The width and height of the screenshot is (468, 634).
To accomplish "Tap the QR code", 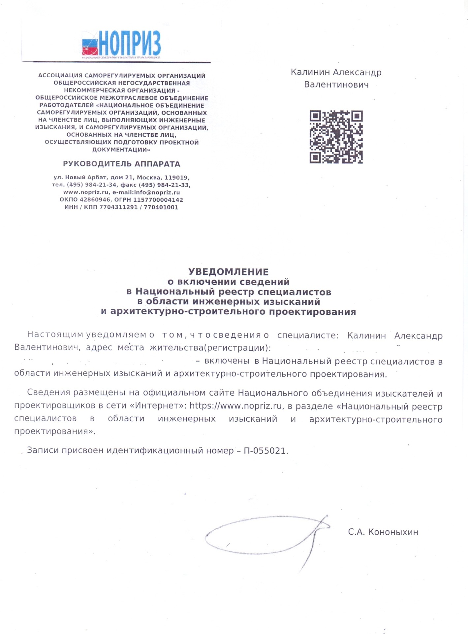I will [x=336, y=137].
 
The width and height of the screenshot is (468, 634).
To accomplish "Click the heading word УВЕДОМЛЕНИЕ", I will [x=228, y=272].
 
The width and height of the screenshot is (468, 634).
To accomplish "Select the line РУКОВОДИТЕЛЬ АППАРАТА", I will [x=122, y=164].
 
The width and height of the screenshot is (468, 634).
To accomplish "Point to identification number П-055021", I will [x=265, y=451].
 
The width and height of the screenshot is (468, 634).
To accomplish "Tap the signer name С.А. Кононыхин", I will [x=383, y=532].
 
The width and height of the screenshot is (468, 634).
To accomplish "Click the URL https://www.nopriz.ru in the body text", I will [x=235, y=406].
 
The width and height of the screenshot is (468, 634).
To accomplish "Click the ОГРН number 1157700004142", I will [x=158, y=200].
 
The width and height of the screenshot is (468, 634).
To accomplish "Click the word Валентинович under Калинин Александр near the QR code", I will [x=336, y=85].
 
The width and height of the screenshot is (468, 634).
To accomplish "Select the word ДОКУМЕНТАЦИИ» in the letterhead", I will [x=121, y=150].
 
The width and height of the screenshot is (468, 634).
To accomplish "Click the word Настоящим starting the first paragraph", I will [x=55, y=335].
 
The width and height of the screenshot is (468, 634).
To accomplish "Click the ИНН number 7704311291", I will [x=118, y=207].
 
